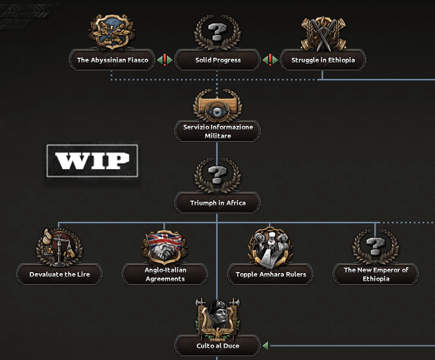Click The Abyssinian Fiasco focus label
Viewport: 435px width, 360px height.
coord(113,60)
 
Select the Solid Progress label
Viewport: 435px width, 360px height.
coord(218,60)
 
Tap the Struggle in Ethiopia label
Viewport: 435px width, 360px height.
coord(323,60)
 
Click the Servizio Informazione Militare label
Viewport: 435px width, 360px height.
coord(218,131)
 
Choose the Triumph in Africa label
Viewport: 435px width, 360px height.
coord(218,203)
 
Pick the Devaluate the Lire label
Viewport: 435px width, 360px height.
coord(59,274)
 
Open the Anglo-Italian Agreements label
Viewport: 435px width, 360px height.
coord(165,274)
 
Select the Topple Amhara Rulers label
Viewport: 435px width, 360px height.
coord(271,274)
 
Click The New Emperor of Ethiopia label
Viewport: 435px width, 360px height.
coord(376,274)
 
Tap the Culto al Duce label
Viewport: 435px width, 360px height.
coord(218,346)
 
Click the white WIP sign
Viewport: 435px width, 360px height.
coord(92,160)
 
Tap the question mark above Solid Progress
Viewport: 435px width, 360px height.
coord(218,32)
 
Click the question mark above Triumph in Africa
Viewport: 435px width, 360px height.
coord(218,175)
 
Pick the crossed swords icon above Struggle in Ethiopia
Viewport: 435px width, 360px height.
coord(323,34)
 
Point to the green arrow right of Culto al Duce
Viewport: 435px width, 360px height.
coord(265,346)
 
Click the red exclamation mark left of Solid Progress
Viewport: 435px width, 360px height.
coord(164,59)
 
